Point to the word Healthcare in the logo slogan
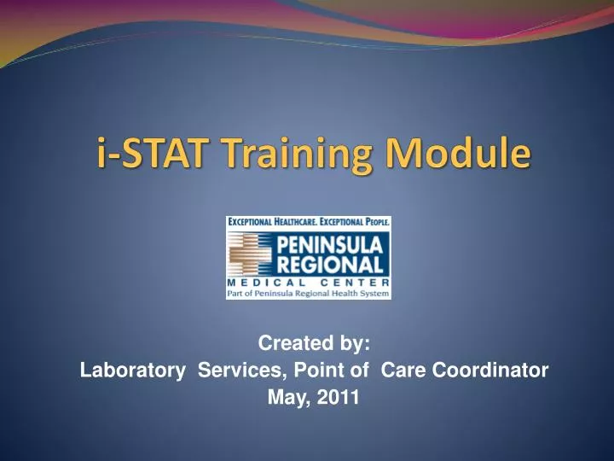tap(290, 222)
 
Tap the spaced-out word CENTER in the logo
tap(357, 283)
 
